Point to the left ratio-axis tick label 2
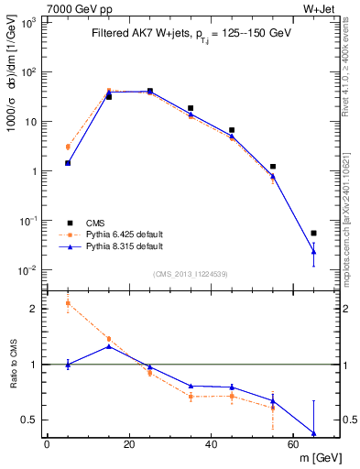(x=34, y=309)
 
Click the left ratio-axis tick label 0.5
(x=30, y=420)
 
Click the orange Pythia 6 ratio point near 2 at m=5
(x=68, y=303)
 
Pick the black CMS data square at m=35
(x=191, y=108)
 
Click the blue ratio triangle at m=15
(x=109, y=346)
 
